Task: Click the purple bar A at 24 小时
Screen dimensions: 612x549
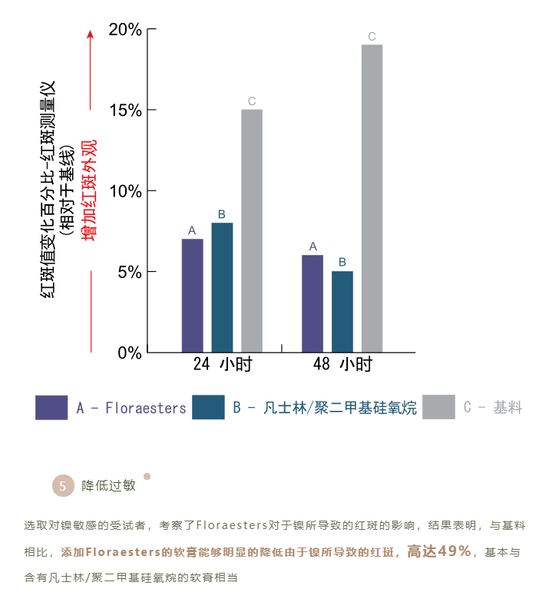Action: pyautogui.click(x=192, y=296)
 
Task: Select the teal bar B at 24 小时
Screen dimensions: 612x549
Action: pyautogui.click(x=222, y=287)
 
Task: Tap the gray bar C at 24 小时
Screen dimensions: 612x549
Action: pyautogui.click(x=252, y=230)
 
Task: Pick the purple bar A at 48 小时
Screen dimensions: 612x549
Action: pyautogui.click(x=313, y=303)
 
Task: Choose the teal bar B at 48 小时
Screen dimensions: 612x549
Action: pyautogui.click(x=342, y=312)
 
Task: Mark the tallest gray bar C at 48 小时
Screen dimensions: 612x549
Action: pyautogui.click(x=372, y=198)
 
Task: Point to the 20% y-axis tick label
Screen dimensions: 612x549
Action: pyautogui.click(x=125, y=30)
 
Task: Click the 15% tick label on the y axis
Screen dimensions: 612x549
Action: pyautogui.click(x=125, y=111)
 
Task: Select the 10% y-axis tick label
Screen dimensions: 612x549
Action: pyautogui.click(x=125, y=191)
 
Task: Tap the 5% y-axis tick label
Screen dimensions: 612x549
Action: pyautogui.click(x=129, y=272)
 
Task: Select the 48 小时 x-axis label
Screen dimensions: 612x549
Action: pyautogui.click(x=342, y=364)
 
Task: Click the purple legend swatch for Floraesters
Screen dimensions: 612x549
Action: pyautogui.click(x=51, y=408)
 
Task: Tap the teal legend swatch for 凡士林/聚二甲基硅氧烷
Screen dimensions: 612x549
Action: pyautogui.click(x=208, y=408)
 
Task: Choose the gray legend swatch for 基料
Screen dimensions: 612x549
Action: pyautogui.click(x=438, y=408)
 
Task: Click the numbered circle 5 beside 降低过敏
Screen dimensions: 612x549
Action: pyautogui.click(x=62, y=485)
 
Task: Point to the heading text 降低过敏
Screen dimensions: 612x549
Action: pyautogui.click(x=108, y=485)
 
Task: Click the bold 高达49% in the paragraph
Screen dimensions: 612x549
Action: pyautogui.click(x=438, y=551)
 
